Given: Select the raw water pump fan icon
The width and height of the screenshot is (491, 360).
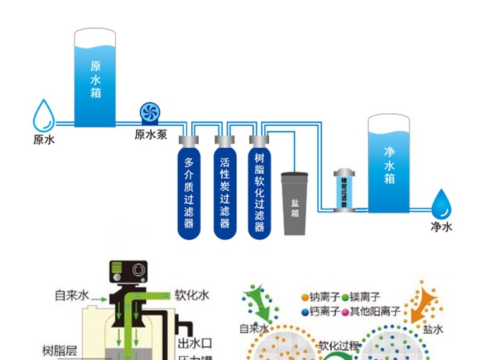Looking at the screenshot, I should point(151,113).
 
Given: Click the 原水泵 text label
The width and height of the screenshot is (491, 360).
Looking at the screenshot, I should point(151,134).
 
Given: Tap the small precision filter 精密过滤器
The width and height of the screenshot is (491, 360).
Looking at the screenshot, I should point(343,189).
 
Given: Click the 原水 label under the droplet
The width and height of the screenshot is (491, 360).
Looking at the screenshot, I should point(44,140).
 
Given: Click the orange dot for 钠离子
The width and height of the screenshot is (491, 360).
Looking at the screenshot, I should point(305,298).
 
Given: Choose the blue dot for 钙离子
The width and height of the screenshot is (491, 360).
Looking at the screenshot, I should point(305,311).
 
